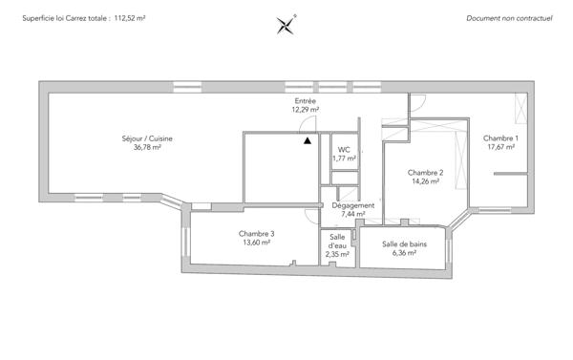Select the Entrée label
tap(305, 101)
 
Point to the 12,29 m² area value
tap(305, 110)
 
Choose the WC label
tap(344, 149)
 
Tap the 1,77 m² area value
tap(344, 159)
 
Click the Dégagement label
tap(353, 205)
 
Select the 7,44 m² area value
tap(353, 215)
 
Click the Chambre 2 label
tap(425, 172)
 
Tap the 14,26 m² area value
tap(425, 181)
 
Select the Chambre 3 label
tap(257, 234)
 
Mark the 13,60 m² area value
tap(257, 244)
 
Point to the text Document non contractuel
tap(508, 18)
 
